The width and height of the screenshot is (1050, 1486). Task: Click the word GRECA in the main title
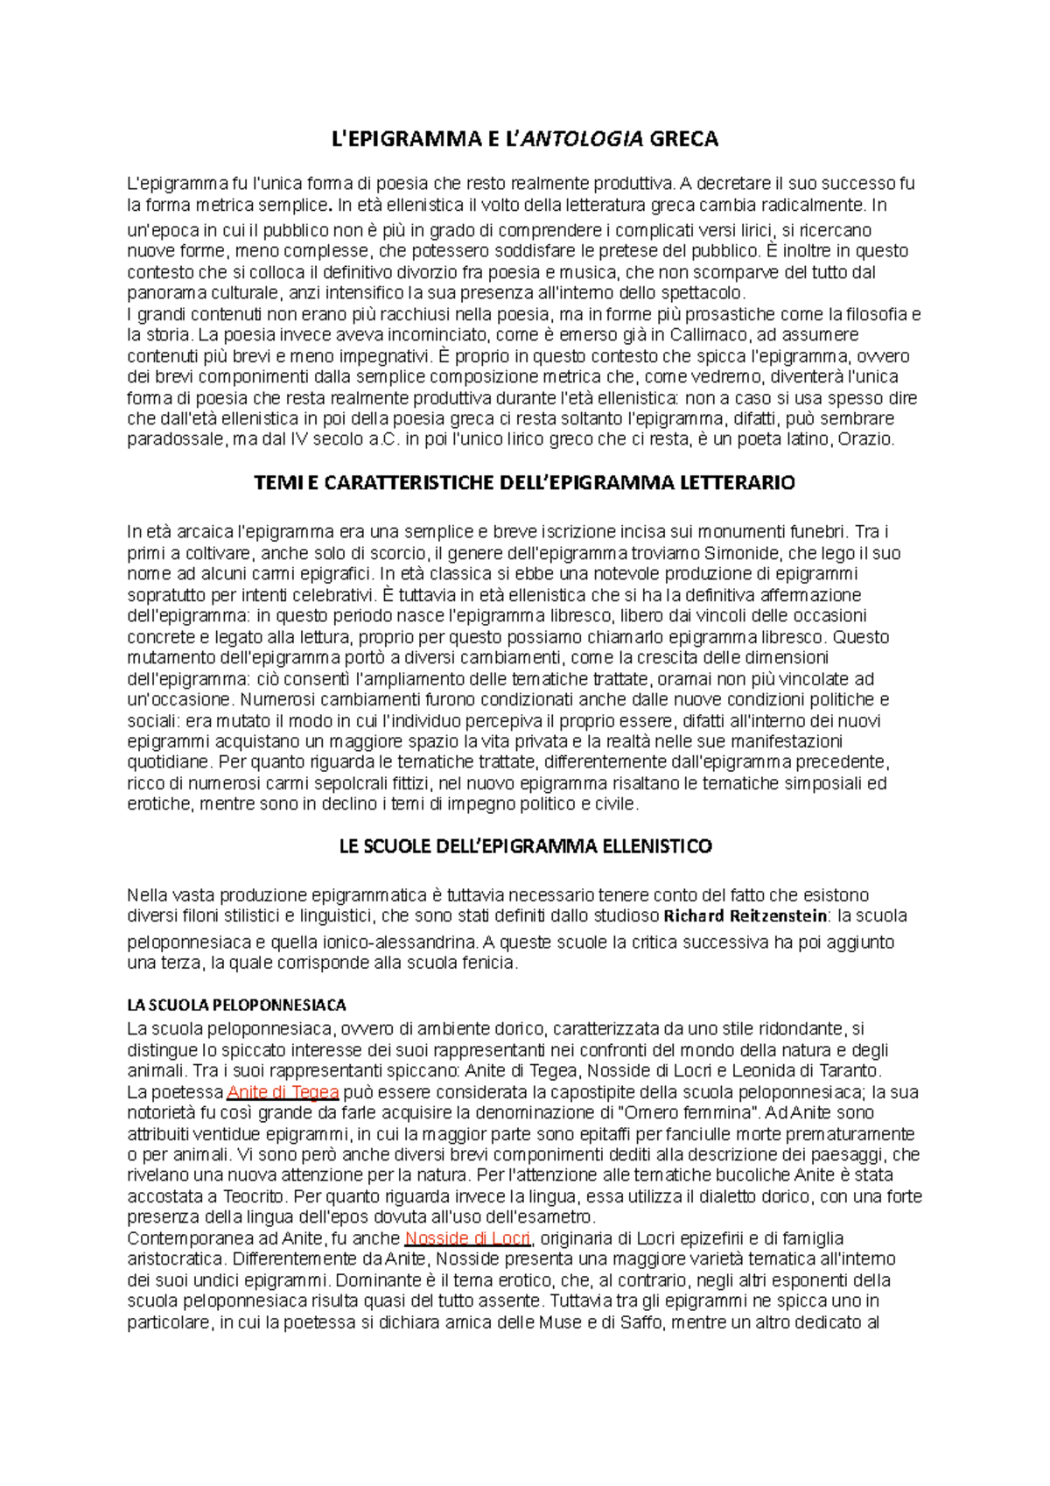click(x=684, y=138)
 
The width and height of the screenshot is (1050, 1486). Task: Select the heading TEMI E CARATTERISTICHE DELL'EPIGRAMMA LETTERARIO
click(x=524, y=482)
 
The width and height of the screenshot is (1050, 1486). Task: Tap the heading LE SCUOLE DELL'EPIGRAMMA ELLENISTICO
click(x=525, y=846)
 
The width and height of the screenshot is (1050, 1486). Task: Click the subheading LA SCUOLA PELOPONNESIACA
click(x=236, y=1005)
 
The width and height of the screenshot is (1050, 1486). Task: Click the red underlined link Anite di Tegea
click(x=282, y=1092)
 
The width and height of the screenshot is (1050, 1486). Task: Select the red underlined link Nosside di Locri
click(x=467, y=1238)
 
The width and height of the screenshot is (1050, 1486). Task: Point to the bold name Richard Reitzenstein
click(x=745, y=916)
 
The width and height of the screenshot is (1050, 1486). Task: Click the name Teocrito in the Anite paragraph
click(x=254, y=1196)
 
